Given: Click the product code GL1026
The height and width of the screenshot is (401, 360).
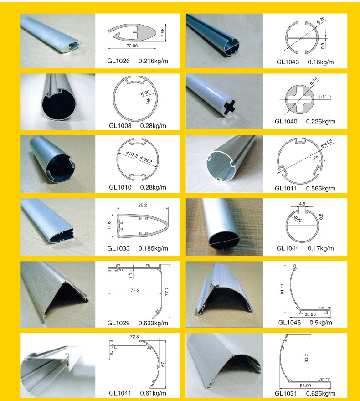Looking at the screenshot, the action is click(118, 61).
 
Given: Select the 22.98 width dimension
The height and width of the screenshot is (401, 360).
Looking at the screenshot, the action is click(132, 46).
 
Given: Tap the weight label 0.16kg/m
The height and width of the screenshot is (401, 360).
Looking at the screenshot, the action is click(321, 62).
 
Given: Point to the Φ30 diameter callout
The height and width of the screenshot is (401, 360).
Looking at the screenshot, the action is click(145, 93).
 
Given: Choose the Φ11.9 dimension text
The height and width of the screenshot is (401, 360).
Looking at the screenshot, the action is click(324, 97).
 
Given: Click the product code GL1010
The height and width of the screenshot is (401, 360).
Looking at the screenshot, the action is click(120, 187).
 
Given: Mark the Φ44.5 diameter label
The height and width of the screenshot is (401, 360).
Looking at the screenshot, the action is click(326, 144).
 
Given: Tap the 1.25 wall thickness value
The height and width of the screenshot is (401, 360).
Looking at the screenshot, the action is click(314, 158).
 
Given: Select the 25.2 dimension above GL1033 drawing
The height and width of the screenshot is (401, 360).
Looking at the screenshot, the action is click(143, 205).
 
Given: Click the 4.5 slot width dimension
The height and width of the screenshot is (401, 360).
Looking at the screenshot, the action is click(302, 204).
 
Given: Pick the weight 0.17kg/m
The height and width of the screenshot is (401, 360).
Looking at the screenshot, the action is click(321, 248).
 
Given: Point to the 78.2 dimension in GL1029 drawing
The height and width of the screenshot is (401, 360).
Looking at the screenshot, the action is click(135, 290).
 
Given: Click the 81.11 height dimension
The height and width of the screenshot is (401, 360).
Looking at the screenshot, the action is click(282, 289).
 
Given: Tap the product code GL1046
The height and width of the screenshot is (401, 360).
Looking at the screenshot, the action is click(289, 323).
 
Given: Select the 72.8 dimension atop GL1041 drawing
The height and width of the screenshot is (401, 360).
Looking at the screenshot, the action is click(134, 337).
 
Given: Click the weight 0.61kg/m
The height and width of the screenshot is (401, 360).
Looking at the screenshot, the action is click(153, 393).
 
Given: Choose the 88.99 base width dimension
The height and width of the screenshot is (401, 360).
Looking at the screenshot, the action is click(305, 386).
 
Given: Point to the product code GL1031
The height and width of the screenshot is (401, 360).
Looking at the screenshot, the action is click(286, 393).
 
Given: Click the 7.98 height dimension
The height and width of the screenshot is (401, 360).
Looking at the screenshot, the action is click(163, 32).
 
